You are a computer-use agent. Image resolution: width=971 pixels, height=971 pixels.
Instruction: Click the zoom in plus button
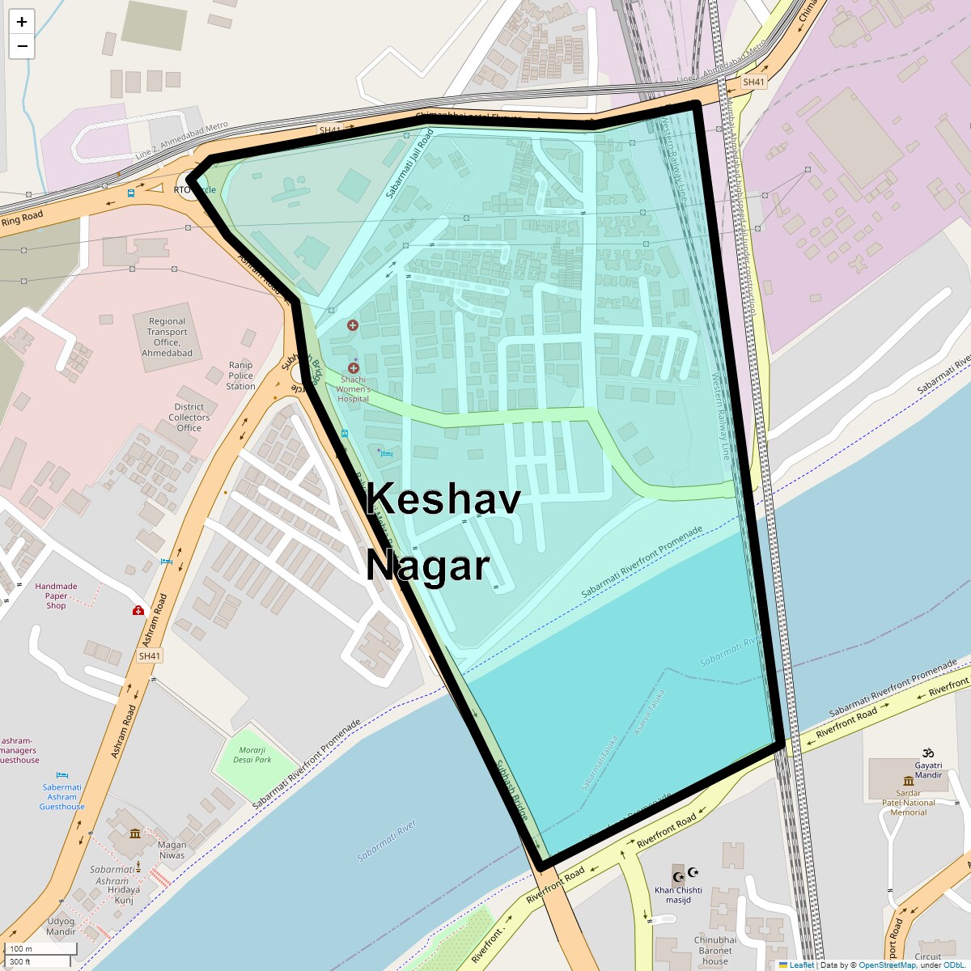pos(22,22)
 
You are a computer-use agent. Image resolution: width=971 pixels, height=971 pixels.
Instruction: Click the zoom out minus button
pos(22,46)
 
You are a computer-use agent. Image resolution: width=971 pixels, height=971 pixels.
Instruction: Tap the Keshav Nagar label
pos(443,532)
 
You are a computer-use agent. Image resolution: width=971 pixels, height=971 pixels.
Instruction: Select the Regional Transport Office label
pos(167,337)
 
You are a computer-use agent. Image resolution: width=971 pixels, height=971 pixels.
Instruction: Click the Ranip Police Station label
pos(240,375)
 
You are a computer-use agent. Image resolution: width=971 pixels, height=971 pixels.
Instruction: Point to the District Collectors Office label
pos(189,418)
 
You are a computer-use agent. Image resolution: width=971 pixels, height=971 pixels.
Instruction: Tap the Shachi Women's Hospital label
pos(353,388)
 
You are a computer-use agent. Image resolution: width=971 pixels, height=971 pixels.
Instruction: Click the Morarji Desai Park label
pos(252,755)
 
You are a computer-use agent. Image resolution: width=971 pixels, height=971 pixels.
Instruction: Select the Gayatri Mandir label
pos(928,770)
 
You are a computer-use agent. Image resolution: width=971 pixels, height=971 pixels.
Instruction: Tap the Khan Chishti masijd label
pos(678,895)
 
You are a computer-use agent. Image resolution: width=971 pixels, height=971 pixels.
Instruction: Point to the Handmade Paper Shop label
pos(56,596)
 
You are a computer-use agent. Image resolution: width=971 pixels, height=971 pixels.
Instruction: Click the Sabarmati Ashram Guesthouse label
pos(62,797)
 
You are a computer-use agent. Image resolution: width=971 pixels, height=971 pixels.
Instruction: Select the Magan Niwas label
pos(172,850)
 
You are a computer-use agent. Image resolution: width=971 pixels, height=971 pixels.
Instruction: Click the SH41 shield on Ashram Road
pos(150,656)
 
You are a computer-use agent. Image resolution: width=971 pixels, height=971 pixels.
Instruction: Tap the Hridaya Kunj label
pos(124,895)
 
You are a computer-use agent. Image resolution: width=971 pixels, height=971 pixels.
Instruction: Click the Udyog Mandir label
pos(61,926)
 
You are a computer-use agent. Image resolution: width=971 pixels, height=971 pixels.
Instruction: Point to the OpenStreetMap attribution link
pos(887,965)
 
